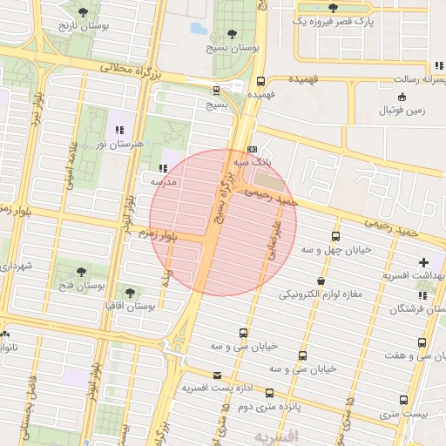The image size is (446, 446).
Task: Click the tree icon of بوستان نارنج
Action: click(83, 12)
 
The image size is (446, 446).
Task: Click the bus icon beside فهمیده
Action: click(260, 79)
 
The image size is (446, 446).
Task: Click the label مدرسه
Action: click(165, 182)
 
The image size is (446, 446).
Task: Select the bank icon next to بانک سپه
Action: click(252, 149)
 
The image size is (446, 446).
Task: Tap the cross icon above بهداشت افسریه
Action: click(424, 262)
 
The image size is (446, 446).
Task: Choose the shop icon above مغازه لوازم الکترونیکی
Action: click(323, 281)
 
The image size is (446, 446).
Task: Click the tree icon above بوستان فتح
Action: click(82, 273)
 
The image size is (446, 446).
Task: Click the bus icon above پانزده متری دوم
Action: click(269, 393)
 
